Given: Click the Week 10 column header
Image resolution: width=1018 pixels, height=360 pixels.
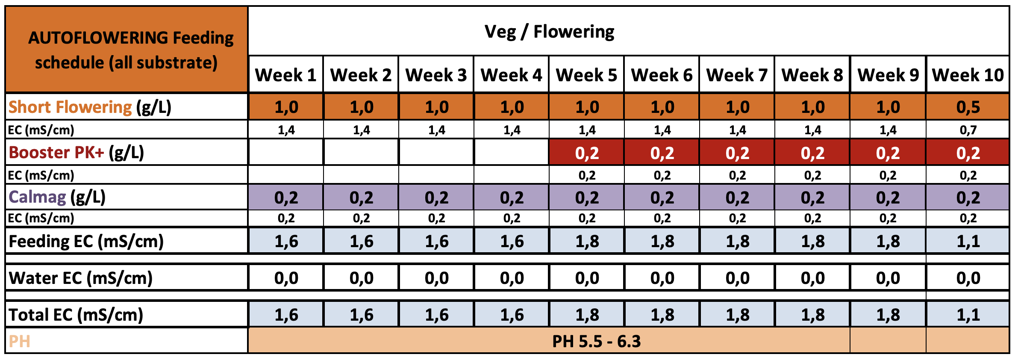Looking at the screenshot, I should (x=968, y=75).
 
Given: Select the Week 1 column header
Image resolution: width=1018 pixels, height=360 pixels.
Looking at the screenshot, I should (x=285, y=75).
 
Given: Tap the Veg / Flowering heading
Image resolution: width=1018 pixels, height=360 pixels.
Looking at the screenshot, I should (x=549, y=32).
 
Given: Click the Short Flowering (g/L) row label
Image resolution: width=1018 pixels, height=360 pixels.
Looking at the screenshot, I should (x=90, y=107).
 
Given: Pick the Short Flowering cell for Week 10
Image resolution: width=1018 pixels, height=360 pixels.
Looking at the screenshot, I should (x=968, y=107).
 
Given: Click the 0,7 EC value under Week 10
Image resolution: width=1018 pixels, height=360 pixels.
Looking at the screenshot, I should (x=968, y=130).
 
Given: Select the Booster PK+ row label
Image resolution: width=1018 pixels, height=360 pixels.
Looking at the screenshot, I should (x=76, y=153).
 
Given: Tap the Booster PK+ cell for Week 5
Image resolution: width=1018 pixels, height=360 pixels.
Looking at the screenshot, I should (x=587, y=153).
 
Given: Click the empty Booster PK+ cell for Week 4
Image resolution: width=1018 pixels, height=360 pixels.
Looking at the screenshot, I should (x=512, y=153).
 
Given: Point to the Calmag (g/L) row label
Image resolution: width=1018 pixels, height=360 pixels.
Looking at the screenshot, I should (x=57, y=197).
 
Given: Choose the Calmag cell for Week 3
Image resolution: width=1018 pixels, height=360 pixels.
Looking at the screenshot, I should (x=436, y=197).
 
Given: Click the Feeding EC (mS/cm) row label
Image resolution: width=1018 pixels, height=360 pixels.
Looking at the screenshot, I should (x=86, y=241).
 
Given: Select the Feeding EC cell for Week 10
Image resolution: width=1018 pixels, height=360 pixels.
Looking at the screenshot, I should (x=968, y=241).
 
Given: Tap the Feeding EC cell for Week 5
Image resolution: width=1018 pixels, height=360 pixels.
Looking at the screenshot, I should (x=587, y=241).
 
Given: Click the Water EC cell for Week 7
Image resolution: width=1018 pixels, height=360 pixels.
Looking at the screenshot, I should (x=737, y=278).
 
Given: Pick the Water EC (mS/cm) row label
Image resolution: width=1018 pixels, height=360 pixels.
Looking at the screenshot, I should (x=80, y=278).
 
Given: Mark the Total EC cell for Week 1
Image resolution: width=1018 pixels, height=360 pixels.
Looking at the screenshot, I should (x=286, y=315).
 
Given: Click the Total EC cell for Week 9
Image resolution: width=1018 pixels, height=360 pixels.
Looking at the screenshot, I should (x=888, y=315).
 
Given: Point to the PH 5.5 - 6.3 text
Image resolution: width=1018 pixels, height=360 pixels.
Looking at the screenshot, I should (x=596, y=341).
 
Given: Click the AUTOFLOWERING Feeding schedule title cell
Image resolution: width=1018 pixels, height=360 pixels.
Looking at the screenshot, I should (x=127, y=50).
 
